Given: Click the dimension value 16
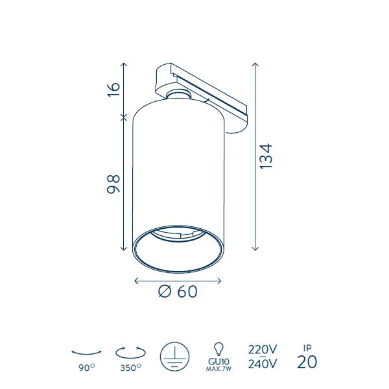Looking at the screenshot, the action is click(113, 89).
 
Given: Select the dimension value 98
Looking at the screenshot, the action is click(113, 184).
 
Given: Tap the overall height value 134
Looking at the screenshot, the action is click(266, 156).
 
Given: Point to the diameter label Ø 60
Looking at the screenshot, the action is click(178, 291).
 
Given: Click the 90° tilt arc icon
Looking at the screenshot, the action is click(86, 353).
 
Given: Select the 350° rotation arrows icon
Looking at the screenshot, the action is click(130, 352).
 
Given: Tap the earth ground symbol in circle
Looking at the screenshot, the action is click(174, 357).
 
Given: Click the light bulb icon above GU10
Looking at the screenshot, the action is click(219, 349).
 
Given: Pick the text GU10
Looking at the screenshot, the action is click(219, 362).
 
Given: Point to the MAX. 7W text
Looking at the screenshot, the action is click(218, 369).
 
